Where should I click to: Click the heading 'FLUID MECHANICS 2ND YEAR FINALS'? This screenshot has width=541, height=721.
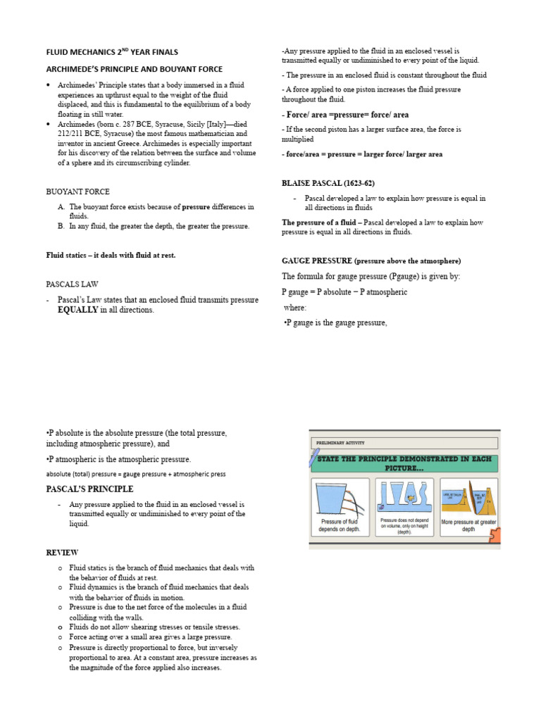tap(112, 51)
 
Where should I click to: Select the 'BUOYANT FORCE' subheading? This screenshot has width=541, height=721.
tap(77, 192)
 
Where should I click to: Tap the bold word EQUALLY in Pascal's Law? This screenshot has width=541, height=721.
tap(77, 310)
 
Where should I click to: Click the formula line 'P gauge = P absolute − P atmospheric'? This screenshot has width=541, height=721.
tap(344, 291)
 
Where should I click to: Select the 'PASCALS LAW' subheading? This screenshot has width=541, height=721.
tap(72, 284)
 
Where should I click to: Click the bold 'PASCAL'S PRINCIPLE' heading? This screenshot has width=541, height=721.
tap(89, 489)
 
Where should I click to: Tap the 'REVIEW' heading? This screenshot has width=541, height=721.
tap(62, 553)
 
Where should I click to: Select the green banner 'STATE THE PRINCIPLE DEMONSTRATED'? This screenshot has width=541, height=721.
tap(405, 463)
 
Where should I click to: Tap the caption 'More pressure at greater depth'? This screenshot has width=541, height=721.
tap(468, 525)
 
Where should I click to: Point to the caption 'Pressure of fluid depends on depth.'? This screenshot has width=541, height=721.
tap(339, 525)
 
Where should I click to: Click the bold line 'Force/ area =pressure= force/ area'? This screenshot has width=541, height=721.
tap(345, 115)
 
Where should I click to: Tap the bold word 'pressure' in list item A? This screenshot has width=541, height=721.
tap(197, 207)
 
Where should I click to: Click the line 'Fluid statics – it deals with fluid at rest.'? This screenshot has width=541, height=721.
tap(111, 256)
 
